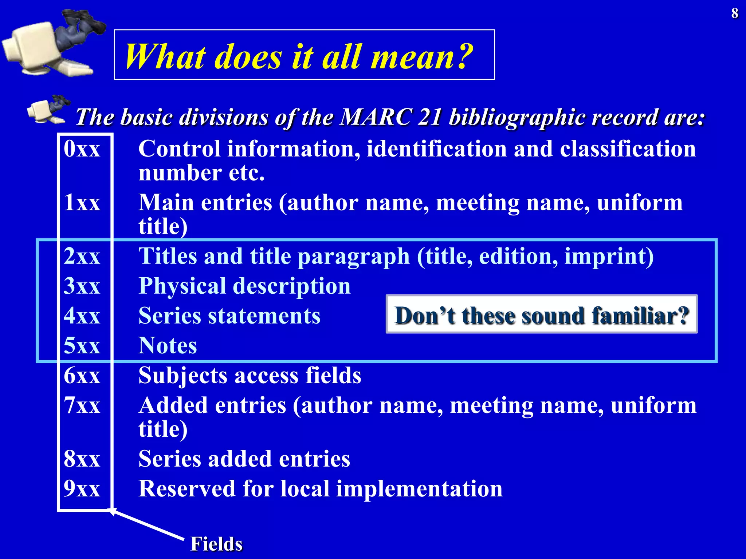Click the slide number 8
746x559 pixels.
[x=735, y=13]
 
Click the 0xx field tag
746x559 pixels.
[x=82, y=149]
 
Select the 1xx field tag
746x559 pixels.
[x=82, y=202]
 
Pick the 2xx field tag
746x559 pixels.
[x=82, y=256]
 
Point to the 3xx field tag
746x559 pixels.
[x=82, y=286]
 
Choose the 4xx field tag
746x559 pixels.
[x=82, y=316]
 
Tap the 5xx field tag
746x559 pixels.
[x=82, y=345]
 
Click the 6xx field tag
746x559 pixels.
[x=82, y=375]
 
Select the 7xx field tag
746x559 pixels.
[x=82, y=405]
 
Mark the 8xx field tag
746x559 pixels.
[x=82, y=459]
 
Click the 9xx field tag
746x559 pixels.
[x=82, y=488]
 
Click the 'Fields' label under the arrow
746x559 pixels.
[x=216, y=544]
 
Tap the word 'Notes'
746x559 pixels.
[x=168, y=345]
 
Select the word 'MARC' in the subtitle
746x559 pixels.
[x=376, y=117]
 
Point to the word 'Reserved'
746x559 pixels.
[x=187, y=488]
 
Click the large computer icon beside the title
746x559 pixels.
[x=51, y=44]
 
